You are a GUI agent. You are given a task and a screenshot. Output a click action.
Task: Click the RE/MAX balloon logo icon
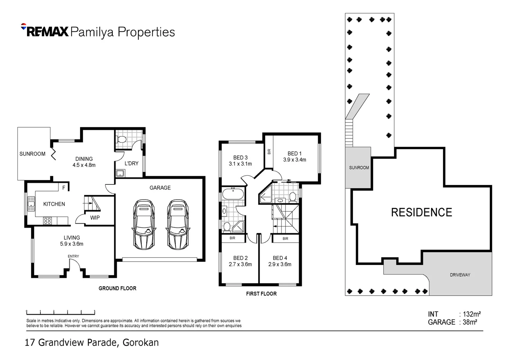pos(24,26)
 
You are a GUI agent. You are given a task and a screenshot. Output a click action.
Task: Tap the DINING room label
pos(84,159)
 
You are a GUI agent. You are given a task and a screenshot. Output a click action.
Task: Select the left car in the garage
pos(144,224)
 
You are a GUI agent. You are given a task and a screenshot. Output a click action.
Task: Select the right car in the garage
pos(177,224)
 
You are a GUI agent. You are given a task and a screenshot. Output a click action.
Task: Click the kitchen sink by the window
pos(31,204)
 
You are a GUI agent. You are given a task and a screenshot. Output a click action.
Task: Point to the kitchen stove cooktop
pos(47,221)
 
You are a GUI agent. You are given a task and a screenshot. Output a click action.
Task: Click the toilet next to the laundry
pos(122,139)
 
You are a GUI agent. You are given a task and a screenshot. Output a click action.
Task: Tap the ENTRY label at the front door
pos(73,256)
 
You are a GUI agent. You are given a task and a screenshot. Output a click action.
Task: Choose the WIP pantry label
pos(95,218)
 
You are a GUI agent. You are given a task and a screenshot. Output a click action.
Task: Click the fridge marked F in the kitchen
pos(64,188)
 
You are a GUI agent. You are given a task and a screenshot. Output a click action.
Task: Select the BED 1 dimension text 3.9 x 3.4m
pos(295,160)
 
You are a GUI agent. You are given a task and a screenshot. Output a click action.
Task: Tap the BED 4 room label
pos(280,258)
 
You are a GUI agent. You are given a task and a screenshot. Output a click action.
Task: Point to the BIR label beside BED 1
pos(269,152)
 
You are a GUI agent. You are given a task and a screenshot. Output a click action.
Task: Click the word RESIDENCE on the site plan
pos(421,212)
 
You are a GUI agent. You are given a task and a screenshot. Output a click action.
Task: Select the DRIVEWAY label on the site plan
pos(460,275)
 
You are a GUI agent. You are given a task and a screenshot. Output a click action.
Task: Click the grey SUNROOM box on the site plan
pos(359,167)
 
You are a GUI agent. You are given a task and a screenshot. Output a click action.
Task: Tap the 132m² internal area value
pos(472,314)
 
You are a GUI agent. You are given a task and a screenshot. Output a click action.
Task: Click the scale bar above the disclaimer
pos(61,313)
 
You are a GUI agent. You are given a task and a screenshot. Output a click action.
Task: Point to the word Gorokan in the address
pos(141,343)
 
